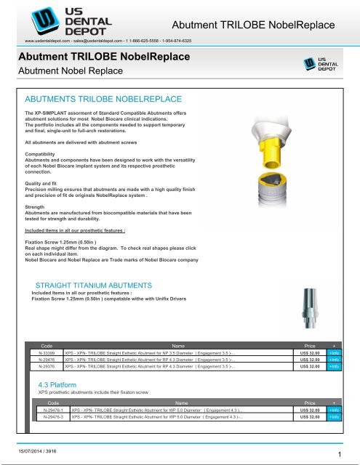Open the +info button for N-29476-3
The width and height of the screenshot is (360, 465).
[334, 416]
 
